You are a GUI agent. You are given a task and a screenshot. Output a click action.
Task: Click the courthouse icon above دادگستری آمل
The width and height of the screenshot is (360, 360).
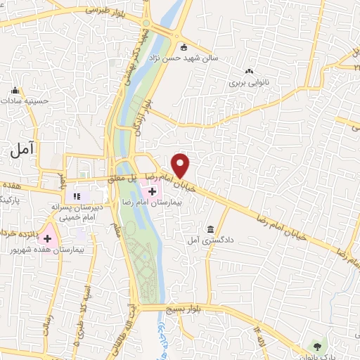pyautogui.click(x=211, y=230)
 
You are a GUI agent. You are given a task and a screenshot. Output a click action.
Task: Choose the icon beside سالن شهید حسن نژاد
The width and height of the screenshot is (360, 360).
pyautogui.click(x=184, y=48)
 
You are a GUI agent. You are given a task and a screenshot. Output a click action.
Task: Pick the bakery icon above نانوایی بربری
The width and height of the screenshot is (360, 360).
pyautogui.click(x=249, y=71)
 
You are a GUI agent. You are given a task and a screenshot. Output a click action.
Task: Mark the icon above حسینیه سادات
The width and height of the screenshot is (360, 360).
pyautogui.click(x=15, y=90)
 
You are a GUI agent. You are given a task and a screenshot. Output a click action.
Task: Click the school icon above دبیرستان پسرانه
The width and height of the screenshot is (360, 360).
pyautogui.click(x=77, y=195)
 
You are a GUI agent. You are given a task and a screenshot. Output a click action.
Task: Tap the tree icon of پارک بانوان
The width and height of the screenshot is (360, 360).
pyautogui.click(x=317, y=347)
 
